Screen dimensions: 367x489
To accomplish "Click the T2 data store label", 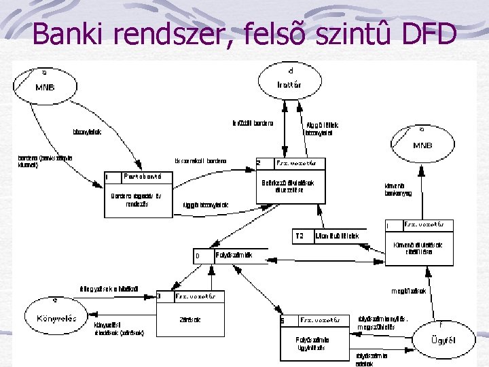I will [300, 237].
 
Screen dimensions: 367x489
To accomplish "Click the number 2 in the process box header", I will [259, 164].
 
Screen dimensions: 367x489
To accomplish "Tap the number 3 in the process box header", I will [160, 296].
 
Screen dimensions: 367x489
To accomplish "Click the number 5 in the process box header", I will [283, 320].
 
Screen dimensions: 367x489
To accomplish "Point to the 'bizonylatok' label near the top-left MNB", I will [87, 132].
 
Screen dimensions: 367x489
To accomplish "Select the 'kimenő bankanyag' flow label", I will [398, 190].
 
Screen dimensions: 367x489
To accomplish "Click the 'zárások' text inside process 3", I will [189, 319].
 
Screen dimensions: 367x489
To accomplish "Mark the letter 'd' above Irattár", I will [290, 70].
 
